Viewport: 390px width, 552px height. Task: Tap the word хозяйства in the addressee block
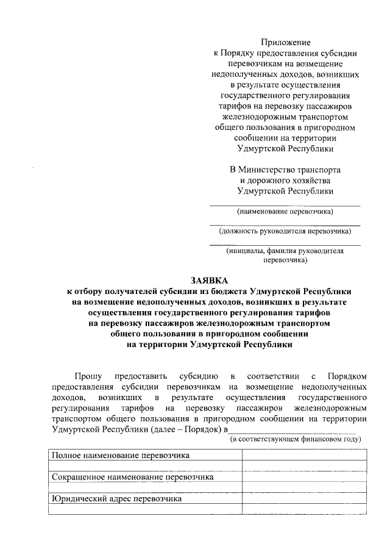307,180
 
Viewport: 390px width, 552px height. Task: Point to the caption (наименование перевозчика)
285,212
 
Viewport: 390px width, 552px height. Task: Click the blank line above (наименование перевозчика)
285,206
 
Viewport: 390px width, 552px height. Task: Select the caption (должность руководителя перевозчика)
285,231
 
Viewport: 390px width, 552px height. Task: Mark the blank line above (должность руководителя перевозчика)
285,225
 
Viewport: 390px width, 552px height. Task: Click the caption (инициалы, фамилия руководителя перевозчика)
285,255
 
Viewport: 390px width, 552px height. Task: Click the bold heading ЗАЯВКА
209,281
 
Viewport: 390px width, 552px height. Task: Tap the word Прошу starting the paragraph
88,376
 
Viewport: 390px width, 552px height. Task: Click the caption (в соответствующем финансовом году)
295,439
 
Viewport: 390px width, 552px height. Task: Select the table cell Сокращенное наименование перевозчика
132,477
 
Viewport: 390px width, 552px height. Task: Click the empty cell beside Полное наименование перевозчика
305,455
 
